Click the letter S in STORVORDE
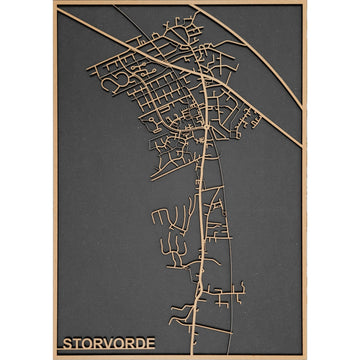click(x=67, y=344)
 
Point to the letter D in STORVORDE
click(x=144, y=344)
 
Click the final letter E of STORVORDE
click(x=155, y=344)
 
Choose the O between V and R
click(x=121, y=344)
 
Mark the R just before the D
click(x=133, y=344)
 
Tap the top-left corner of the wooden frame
click(x=55, y=3)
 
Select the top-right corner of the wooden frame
click(x=305, y=3)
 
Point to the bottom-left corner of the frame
click(x=55, y=357)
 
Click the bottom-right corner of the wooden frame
click(x=305, y=357)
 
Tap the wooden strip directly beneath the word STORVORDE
click(x=110, y=353)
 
